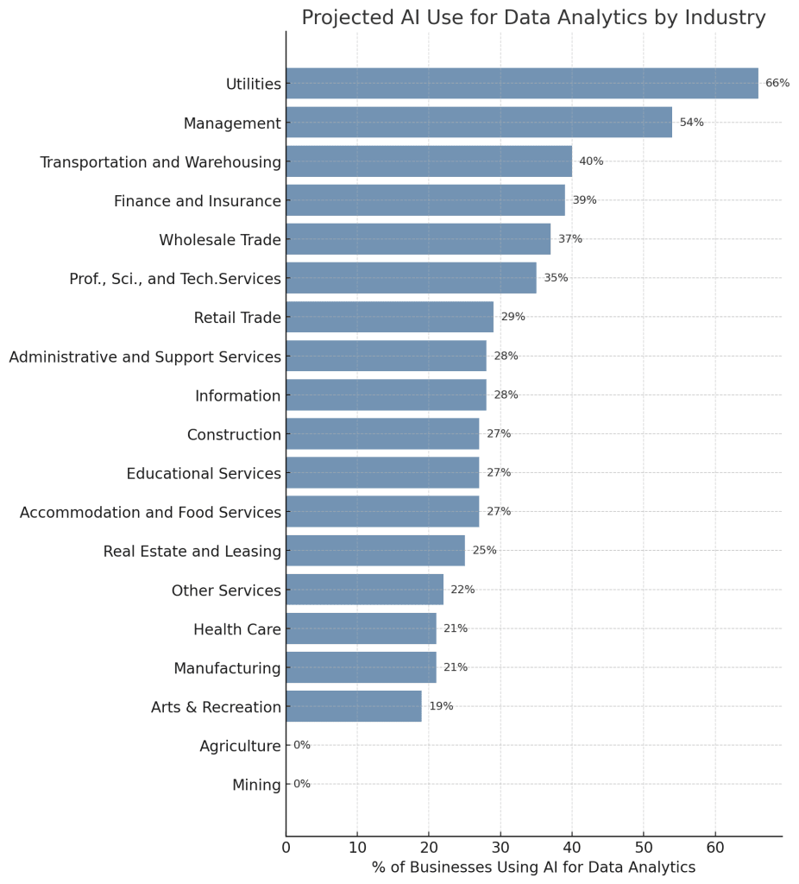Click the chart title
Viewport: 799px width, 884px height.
[x=533, y=18]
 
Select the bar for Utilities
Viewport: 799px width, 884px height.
[x=522, y=84]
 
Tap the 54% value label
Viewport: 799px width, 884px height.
[x=691, y=123]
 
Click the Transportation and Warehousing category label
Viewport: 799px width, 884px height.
[x=160, y=162]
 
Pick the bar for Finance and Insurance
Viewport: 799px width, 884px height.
[x=425, y=200]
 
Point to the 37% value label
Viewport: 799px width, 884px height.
[x=570, y=239]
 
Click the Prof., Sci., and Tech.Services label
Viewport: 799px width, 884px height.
[x=175, y=279]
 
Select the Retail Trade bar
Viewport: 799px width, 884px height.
[x=389, y=317]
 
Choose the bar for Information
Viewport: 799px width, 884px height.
[x=386, y=395]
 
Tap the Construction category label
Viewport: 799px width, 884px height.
[x=234, y=434]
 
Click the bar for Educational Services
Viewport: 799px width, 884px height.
[x=382, y=473]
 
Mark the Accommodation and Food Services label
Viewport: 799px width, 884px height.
[x=150, y=513]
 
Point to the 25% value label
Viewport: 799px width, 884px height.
[x=484, y=551]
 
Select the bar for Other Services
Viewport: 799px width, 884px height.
[x=364, y=590]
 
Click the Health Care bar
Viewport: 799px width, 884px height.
[x=361, y=628]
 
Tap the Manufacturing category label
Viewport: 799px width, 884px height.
[x=227, y=668]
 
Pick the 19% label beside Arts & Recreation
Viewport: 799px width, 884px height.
[x=441, y=706]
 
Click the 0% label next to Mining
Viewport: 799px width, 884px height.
[x=302, y=784]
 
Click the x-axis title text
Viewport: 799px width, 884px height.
[x=533, y=868]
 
